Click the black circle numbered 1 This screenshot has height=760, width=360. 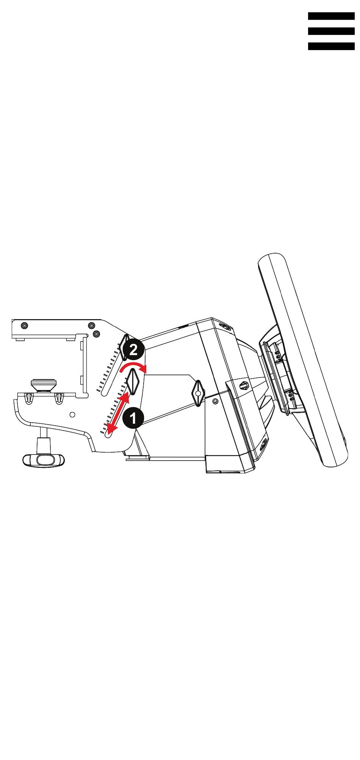(133, 418)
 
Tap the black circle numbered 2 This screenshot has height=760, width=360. (133, 349)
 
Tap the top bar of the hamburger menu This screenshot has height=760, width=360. (331, 16)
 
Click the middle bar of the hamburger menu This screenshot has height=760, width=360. (331, 31)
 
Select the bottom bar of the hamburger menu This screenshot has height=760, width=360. (331, 46)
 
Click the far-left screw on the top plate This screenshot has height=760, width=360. (24, 326)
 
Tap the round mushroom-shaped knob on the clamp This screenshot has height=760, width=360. (43, 384)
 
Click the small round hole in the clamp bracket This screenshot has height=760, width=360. (73, 414)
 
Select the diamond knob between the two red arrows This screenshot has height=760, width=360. (134, 382)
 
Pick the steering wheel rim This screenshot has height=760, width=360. (303, 360)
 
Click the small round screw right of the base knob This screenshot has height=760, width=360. (215, 401)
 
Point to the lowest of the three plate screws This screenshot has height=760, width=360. (96, 334)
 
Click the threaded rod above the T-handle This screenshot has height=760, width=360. (44, 432)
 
